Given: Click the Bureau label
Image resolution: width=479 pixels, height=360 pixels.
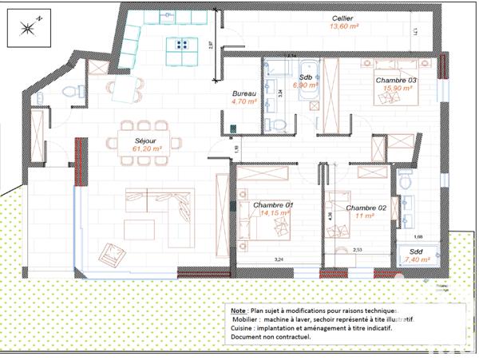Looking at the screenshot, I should coord(244,93).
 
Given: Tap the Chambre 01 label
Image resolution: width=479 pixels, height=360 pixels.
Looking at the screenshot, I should coord(273,205).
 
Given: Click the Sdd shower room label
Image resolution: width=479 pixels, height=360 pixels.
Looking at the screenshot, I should coord(416,251).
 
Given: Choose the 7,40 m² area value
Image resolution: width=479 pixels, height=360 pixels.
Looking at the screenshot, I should coord(417,259).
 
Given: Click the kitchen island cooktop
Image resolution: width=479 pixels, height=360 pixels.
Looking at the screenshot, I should coord(181,45).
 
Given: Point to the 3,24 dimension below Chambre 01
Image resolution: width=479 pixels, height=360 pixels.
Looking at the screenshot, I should coord(279,260).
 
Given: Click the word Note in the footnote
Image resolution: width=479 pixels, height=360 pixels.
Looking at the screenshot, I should coord(238,310).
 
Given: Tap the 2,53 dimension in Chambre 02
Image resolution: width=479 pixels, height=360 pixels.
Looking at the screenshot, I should coord(358,250).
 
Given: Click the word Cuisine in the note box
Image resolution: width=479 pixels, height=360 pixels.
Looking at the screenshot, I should coord(243,327).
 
